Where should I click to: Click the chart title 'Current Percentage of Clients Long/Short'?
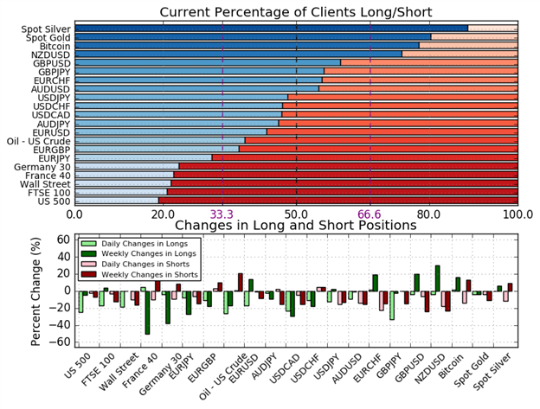[x=296, y=11]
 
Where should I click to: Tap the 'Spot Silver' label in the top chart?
[x=46, y=29]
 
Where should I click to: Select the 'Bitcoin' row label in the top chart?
[x=55, y=46]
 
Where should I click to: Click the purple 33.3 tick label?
[x=222, y=214]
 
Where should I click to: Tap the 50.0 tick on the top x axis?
[x=296, y=214]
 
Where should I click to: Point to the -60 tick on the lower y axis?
[x=61, y=342]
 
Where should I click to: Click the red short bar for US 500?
[x=337, y=200]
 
